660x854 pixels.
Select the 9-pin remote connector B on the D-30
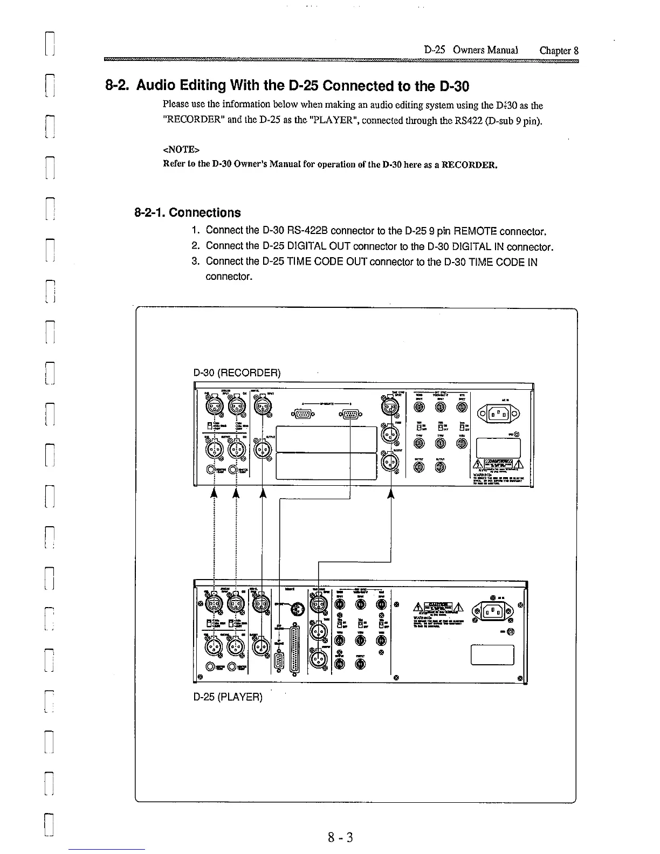click(350, 414)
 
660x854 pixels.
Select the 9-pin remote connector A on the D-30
click(302, 414)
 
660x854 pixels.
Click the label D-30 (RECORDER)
click(237, 373)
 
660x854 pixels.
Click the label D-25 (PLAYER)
click(228, 697)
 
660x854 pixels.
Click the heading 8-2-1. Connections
click(187, 213)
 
